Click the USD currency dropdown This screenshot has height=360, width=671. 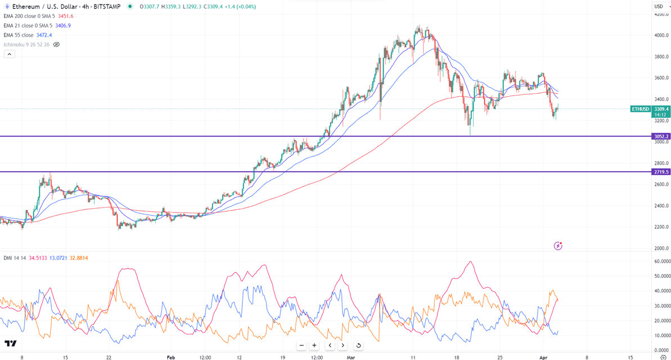(659, 6)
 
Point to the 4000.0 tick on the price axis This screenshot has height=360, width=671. (661, 35)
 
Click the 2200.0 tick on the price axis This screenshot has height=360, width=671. (661, 227)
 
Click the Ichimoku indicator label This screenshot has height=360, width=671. (25, 44)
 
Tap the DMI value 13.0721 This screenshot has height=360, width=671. (59, 258)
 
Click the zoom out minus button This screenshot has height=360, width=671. (302, 345)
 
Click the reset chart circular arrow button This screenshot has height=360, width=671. (358, 345)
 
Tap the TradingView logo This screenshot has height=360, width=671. (10, 343)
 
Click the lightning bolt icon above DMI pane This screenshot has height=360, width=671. (558, 246)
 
